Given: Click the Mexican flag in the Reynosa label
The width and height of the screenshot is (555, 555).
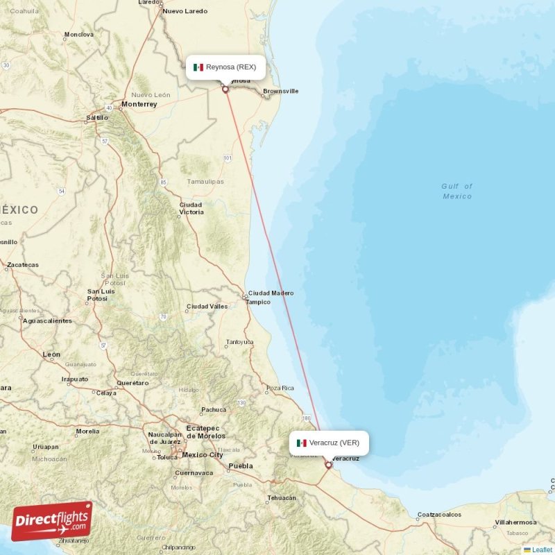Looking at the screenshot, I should (198, 67).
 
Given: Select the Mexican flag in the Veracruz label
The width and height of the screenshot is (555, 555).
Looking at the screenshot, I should (302, 443).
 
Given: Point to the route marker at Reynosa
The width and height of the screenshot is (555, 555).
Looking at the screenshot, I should (225, 89).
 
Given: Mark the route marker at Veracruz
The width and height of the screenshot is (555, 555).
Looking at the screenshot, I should (328, 466).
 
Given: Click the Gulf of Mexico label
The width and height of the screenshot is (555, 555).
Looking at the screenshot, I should (457, 191).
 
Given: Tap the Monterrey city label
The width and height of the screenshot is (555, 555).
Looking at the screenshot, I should (139, 104).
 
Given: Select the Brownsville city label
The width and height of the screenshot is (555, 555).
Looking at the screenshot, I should (280, 91).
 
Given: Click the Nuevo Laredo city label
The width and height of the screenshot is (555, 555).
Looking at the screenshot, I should (185, 12).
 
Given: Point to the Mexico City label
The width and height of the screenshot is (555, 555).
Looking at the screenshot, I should (202, 455).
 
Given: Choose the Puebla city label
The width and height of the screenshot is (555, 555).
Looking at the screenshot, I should (241, 466).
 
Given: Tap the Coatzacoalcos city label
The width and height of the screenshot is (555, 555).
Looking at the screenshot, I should (438, 515).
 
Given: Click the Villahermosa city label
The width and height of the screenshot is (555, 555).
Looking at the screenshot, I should (516, 522).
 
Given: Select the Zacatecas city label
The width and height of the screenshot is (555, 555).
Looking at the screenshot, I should (22, 265).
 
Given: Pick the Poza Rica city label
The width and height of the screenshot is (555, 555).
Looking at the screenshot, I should (281, 388).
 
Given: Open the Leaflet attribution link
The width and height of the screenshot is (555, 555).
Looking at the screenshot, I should (541, 549).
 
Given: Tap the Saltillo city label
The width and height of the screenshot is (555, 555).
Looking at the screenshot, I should (97, 118).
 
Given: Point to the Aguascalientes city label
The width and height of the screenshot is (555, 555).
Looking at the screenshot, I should (47, 321).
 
